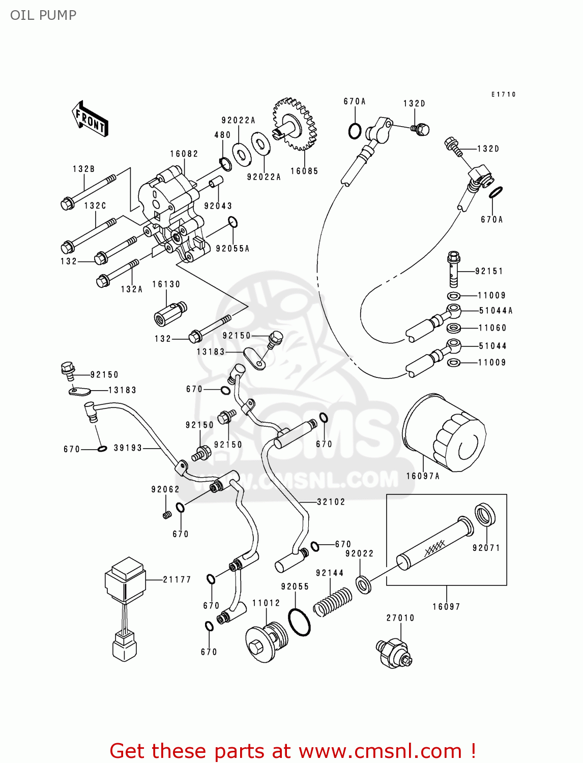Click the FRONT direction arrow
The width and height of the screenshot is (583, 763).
click(91, 119)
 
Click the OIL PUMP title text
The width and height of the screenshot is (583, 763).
click(43, 15)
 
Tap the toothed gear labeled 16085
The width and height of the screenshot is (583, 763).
click(293, 124)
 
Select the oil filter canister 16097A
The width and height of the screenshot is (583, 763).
click(444, 433)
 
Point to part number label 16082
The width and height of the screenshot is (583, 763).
click(184, 154)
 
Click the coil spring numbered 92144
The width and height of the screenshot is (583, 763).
click(332, 602)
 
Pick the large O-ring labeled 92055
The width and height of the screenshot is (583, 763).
click(299, 621)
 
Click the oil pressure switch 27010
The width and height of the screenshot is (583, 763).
click(394, 653)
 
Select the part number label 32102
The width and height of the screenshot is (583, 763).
click(331, 502)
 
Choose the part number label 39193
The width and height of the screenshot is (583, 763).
click(128, 448)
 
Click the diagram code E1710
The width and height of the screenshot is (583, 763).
click(504, 95)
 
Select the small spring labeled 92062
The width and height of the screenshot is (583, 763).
click(166, 515)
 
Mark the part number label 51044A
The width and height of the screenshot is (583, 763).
click(495, 311)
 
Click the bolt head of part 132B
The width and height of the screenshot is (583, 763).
click(67, 204)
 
